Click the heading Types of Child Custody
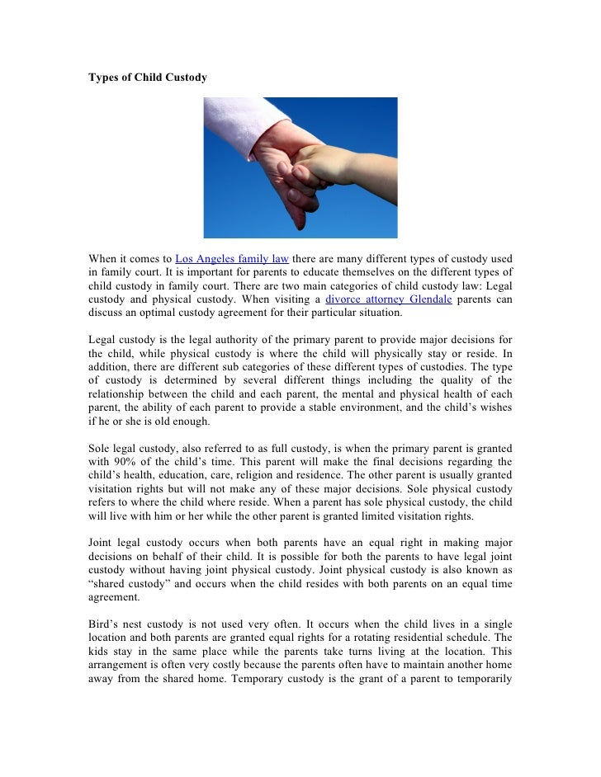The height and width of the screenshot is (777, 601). point(148,78)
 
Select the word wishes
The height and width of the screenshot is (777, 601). point(493,407)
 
